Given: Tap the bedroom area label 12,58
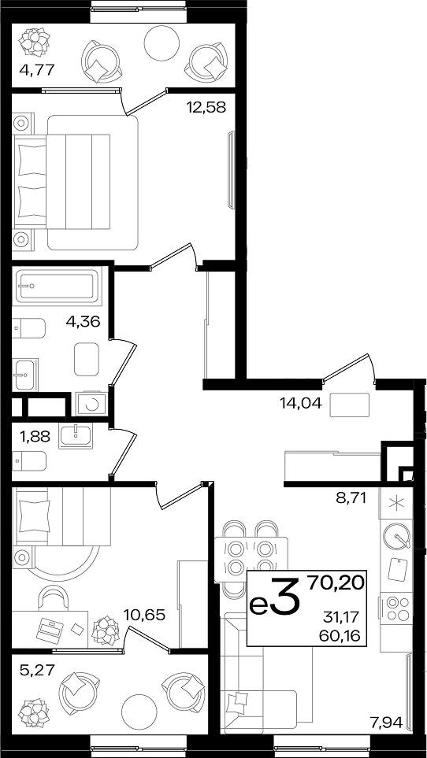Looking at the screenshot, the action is [206, 107].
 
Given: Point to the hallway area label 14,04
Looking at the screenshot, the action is [301, 402].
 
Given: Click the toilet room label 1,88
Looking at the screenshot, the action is [35, 437].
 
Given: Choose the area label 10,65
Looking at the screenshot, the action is [145, 615].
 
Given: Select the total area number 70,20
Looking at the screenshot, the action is [336, 584].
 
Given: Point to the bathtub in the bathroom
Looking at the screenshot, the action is [58, 285].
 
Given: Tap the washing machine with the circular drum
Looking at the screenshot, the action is [91, 404].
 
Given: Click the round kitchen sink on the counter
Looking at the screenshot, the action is [397, 537].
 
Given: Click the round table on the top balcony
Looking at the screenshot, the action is [162, 43].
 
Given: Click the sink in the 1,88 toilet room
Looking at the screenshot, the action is [76, 435].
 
